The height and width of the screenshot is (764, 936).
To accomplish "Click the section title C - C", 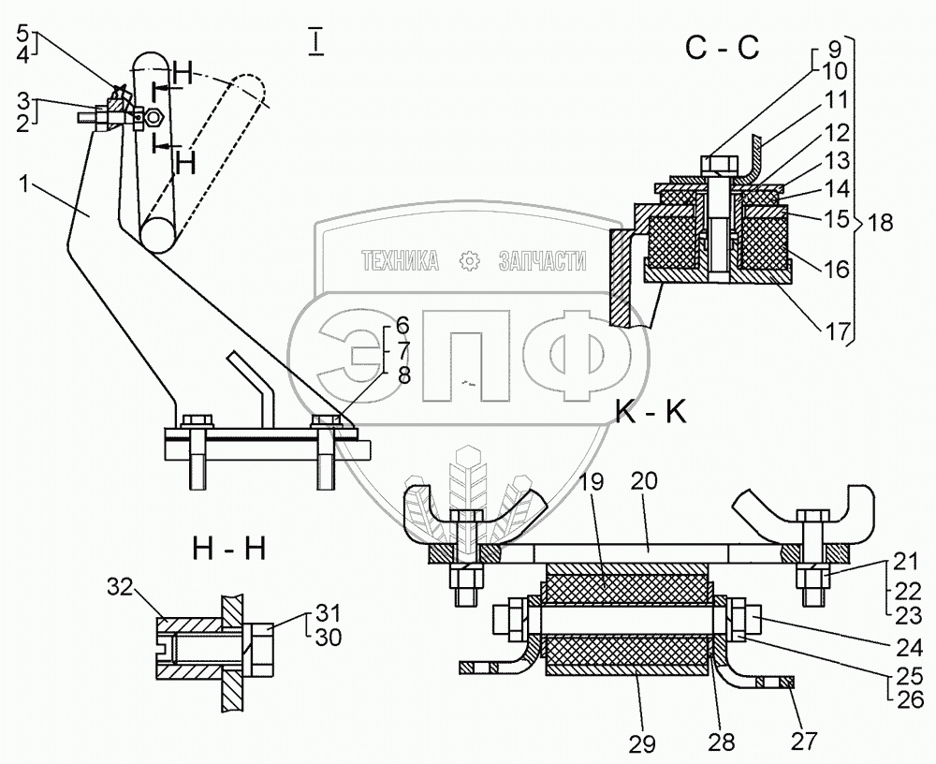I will coord(721,49).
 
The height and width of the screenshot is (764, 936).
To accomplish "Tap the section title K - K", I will coord(651,413).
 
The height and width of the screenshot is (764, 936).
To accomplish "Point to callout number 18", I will coord(880,223).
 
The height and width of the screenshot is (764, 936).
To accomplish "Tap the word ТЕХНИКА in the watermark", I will coord(400,263).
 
